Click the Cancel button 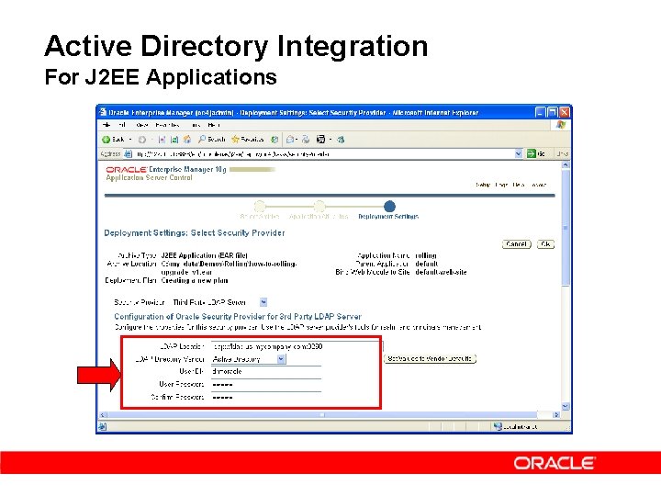516,244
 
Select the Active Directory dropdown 249,359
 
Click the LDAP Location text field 266,347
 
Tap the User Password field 266,384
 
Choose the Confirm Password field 266,397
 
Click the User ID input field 266,371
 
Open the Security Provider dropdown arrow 263,301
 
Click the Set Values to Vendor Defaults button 431,359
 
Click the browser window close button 565,112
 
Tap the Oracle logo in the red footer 555,463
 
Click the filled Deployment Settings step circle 389,207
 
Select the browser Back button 115,139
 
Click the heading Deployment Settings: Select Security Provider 195,233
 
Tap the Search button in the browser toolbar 212,139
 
